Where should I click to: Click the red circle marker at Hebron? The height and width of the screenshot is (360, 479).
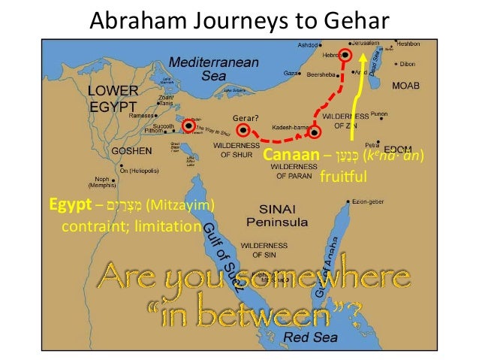pyautogui.click(x=345, y=54)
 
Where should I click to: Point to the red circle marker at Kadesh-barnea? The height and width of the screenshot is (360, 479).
pyautogui.click(x=315, y=132)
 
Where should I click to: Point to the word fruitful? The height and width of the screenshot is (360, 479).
pyautogui.click(x=342, y=179)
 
